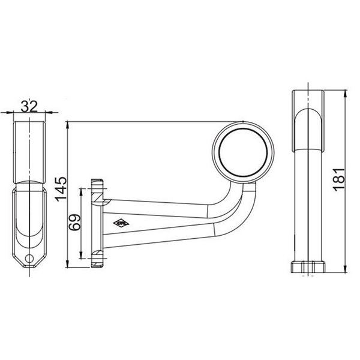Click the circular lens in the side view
pyautogui.click(x=243, y=152)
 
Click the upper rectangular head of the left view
pyautogui.click(x=29, y=150)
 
